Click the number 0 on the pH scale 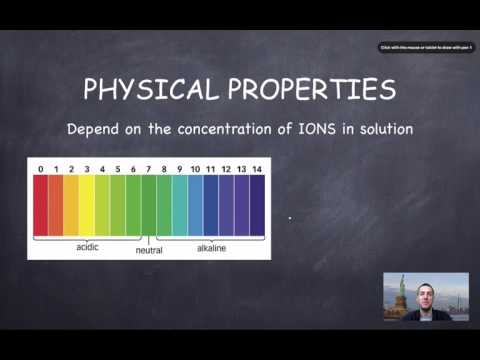click(x=40, y=168)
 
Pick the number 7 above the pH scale click(x=148, y=168)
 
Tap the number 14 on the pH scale click(x=257, y=168)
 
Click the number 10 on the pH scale click(x=195, y=168)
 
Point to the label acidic click(x=88, y=245)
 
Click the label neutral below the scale click(x=149, y=251)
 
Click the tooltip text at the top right click(x=425, y=47)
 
